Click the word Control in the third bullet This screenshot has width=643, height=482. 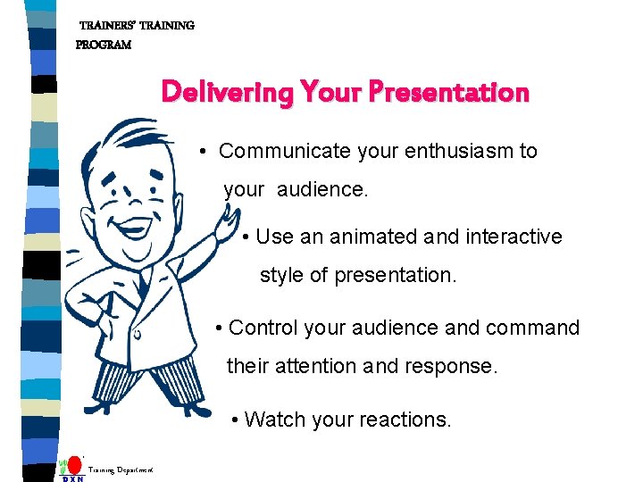(263, 328)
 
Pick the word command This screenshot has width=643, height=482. (532, 328)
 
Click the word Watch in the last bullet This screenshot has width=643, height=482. (273, 419)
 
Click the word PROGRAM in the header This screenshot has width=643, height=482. (104, 45)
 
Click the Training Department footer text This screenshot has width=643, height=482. (121, 470)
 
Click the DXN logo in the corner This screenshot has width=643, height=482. (72, 470)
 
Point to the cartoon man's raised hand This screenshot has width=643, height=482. (230, 219)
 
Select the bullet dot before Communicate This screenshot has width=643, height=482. (205, 153)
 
